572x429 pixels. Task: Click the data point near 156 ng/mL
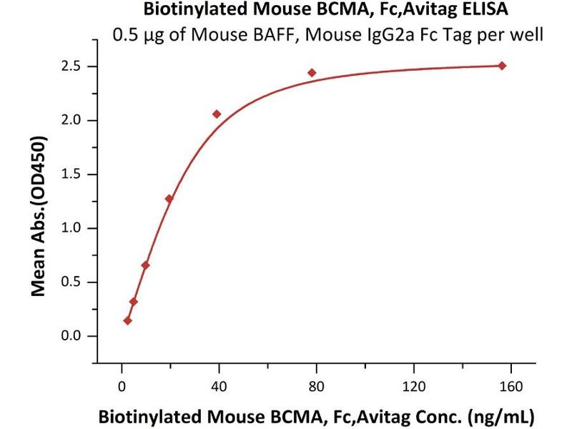click(x=502, y=66)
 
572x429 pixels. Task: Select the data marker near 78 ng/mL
click(x=312, y=73)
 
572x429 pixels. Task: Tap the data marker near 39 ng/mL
click(x=217, y=114)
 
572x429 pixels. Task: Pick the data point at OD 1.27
click(x=169, y=199)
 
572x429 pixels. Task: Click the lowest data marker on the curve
click(x=127, y=320)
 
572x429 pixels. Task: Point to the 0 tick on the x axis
click(x=122, y=387)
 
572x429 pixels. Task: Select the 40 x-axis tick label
click(x=219, y=387)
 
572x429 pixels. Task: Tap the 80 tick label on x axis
click(x=316, y=387)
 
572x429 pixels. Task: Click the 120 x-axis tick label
click(x=413, y=387)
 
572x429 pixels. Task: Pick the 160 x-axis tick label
click(x=511, y=387)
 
